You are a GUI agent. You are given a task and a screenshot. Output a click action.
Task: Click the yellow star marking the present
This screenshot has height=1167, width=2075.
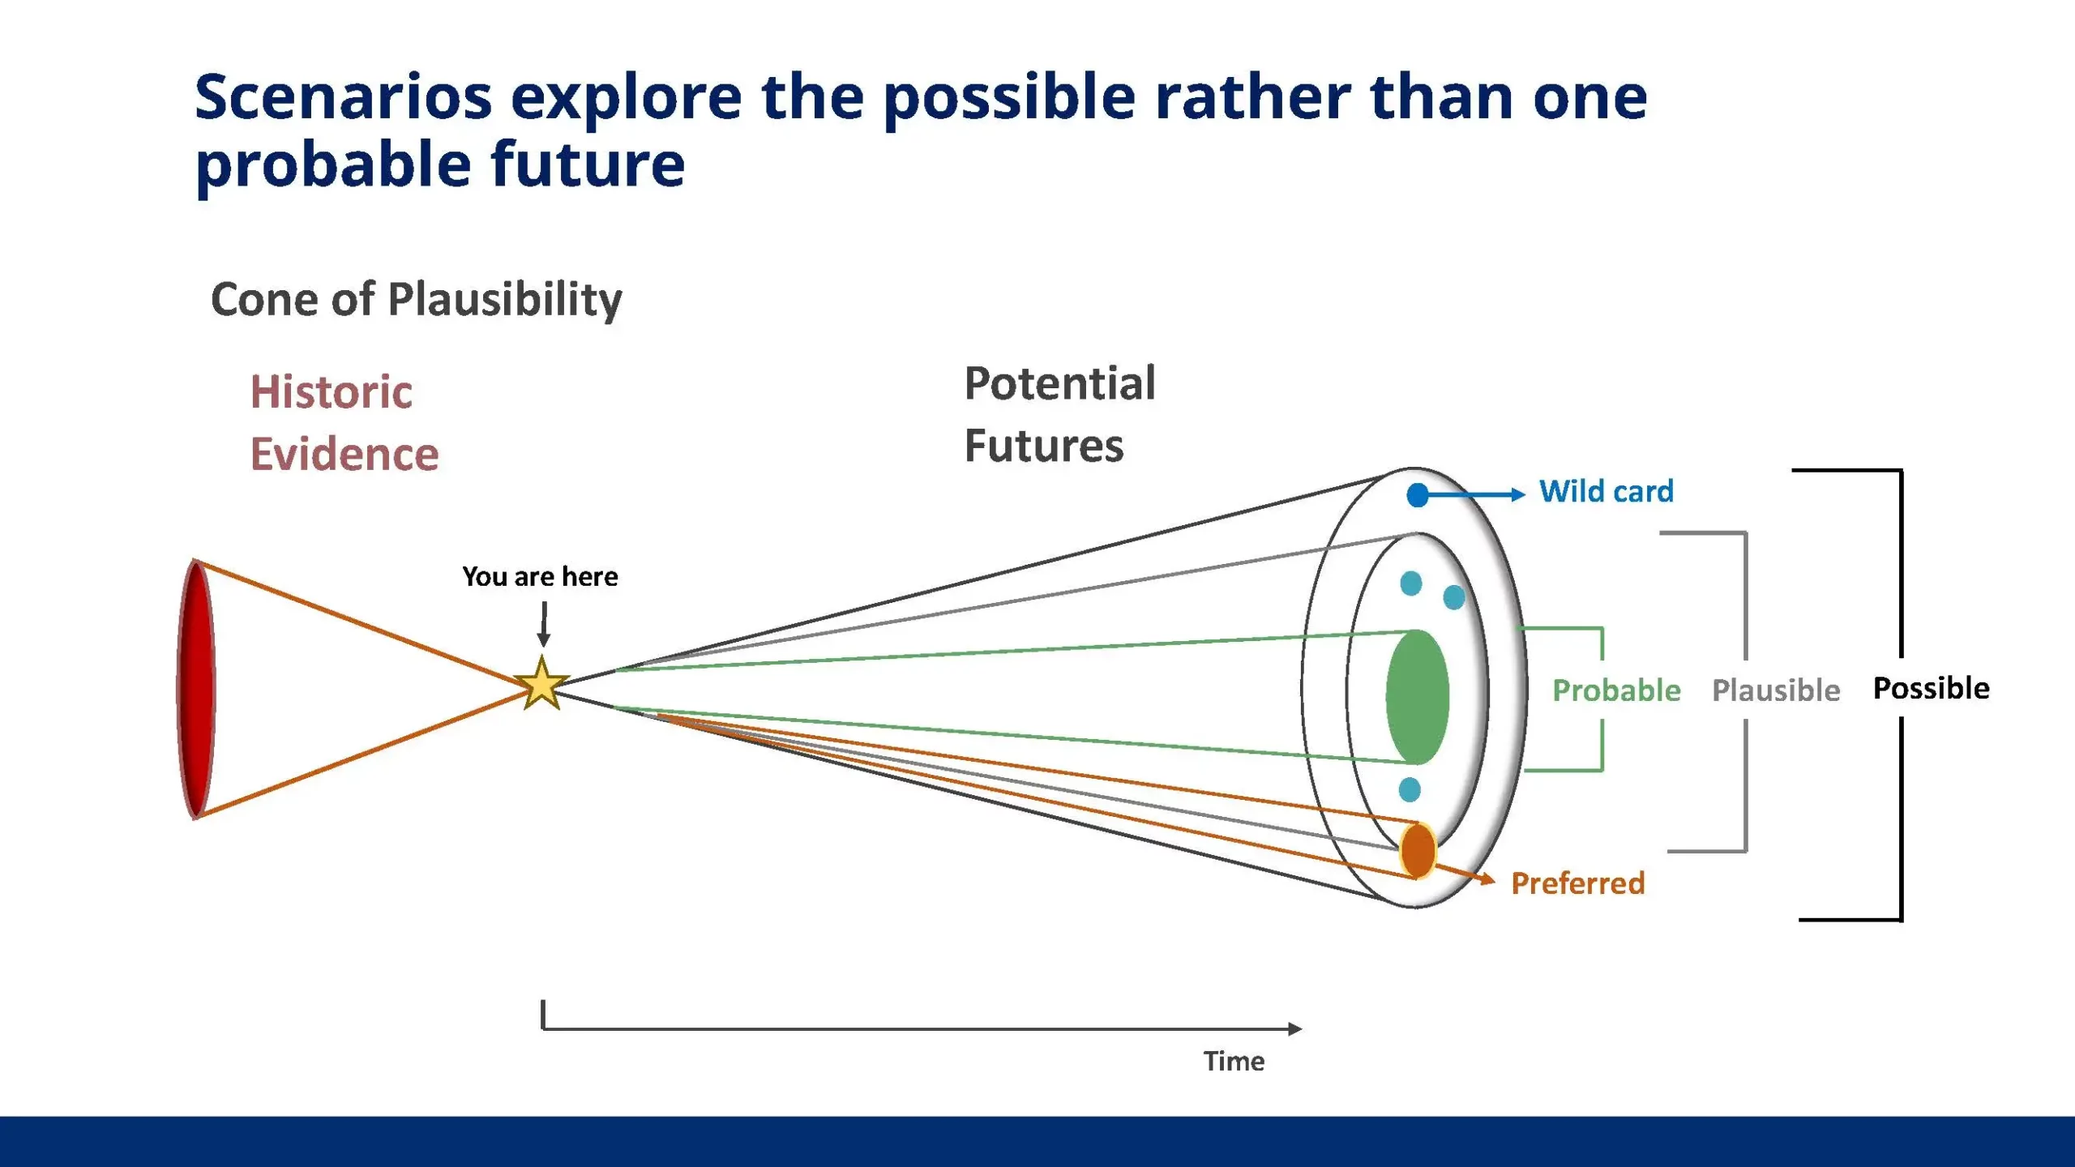541,683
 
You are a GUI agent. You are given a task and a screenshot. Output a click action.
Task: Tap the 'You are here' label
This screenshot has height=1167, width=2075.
540,576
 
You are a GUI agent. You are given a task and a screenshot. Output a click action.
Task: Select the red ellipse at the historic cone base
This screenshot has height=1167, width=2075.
196,689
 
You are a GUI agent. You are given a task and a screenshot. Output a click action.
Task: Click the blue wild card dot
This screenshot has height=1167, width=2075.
1418,495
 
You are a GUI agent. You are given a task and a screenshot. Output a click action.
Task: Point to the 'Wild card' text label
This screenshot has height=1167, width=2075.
1607,491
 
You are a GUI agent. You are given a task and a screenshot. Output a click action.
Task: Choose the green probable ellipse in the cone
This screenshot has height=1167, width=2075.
1418,697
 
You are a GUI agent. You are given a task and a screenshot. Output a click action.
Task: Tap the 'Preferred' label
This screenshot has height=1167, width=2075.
1578,883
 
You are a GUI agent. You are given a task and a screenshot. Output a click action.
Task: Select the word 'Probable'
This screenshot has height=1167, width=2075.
1616,690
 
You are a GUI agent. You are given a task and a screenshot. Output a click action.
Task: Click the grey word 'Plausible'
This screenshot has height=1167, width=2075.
1776,690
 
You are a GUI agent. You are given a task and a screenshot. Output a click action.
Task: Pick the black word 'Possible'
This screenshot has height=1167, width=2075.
1931,688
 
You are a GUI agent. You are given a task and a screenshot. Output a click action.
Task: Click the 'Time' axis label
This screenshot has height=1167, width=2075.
1234,1061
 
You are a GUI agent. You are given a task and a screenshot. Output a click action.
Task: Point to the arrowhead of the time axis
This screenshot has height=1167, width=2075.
1295,1029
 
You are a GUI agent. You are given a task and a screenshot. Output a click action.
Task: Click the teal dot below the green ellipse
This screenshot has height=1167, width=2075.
1410,789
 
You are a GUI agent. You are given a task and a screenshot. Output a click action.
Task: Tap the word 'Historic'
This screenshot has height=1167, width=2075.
332,392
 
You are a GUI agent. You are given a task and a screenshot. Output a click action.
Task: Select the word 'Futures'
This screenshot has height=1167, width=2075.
1044,446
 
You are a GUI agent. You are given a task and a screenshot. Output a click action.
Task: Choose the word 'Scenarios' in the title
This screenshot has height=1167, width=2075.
344,97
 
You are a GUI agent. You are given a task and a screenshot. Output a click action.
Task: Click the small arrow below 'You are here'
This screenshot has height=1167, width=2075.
544,624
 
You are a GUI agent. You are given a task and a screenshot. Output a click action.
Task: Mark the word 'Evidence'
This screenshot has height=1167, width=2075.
344,454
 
